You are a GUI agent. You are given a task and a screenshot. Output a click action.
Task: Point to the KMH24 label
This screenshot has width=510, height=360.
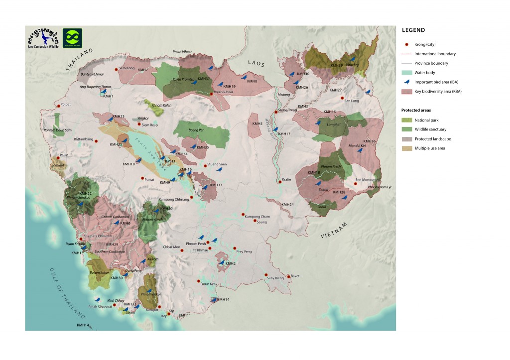click(287, 205)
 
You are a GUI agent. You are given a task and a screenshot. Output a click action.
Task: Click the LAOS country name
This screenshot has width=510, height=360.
click(257, 63)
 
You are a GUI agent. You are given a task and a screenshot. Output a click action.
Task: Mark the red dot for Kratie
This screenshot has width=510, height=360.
click(280, 182)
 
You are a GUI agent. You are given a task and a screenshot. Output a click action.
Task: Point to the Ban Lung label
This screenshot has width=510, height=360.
click(352, 101)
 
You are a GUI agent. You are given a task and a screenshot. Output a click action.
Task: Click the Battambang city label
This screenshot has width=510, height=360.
click(83, 139)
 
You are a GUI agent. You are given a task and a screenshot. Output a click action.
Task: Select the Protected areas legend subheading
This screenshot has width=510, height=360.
click(415, 110)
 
